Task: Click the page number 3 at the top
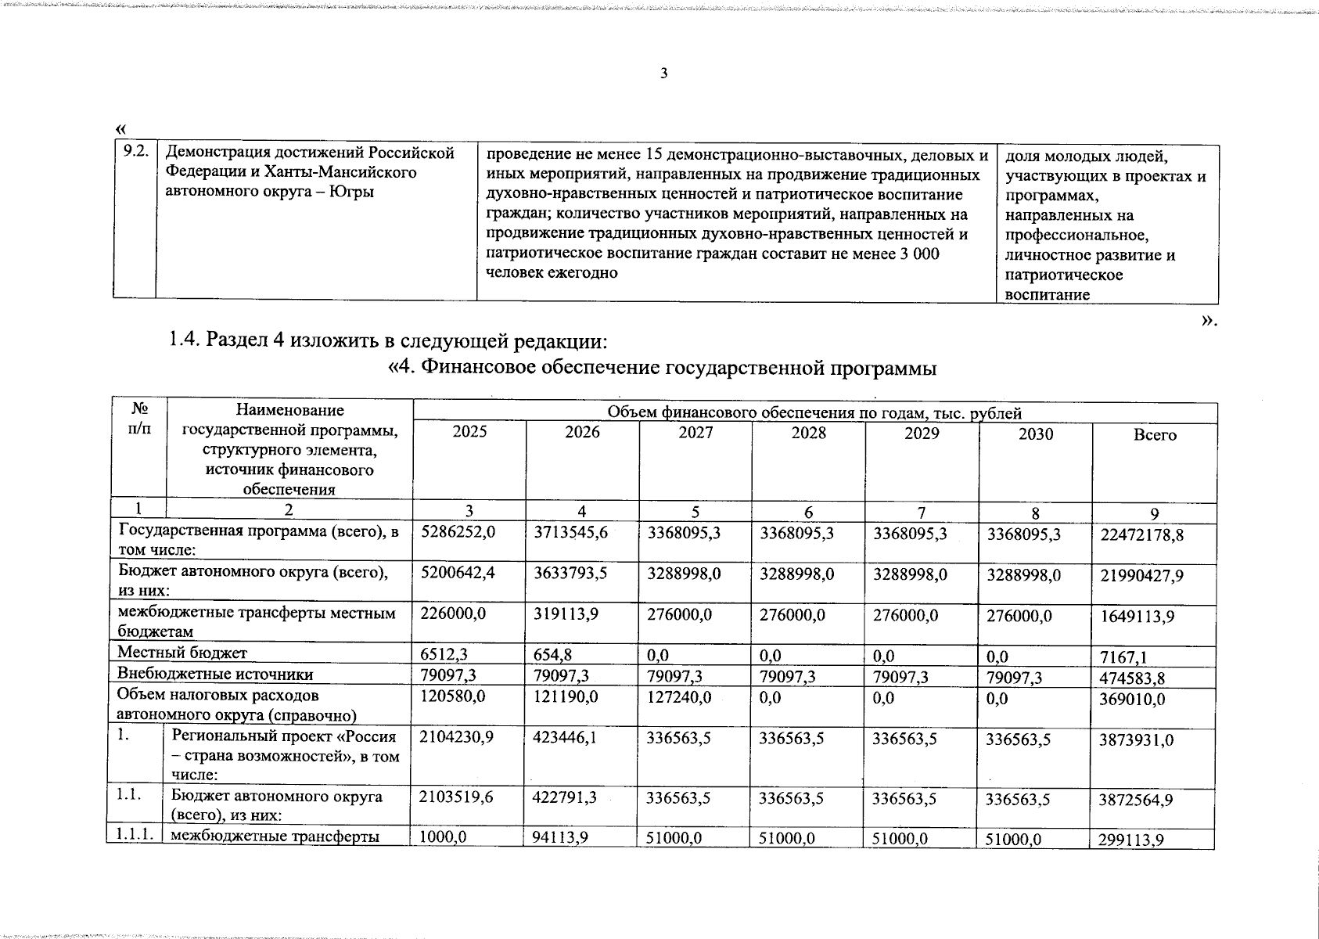(664, 74)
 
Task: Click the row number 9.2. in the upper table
(135, 153)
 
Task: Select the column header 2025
(469, 433)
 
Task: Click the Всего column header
(1154, 435)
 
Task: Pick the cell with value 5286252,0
(458, 532)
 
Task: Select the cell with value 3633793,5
(570, 574)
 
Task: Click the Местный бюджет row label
(181, 653)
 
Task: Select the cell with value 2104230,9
(457, 738)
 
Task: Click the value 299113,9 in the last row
(1132, 840)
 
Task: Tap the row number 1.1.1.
(134, 836)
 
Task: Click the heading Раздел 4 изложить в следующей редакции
(388, 342)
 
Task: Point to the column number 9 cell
(1154, 514)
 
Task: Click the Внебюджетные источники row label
(215, 675)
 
